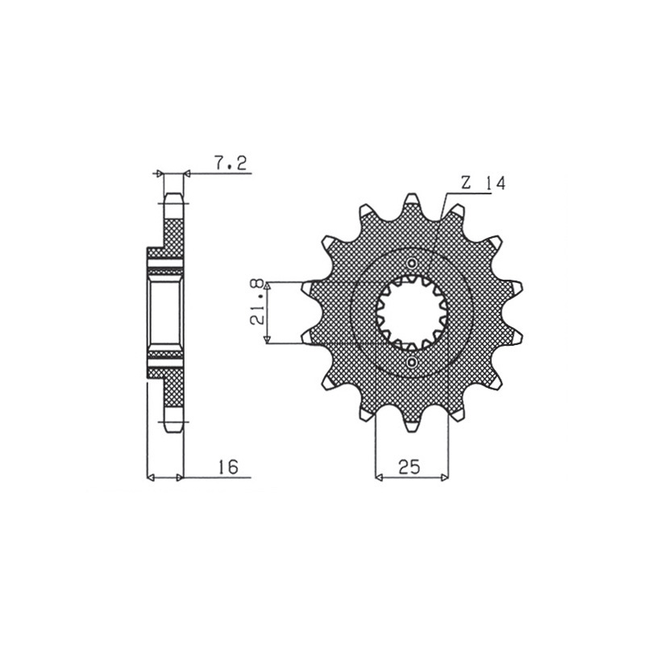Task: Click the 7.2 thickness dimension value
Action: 231,164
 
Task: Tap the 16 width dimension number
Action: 228,467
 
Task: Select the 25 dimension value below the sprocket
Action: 410,467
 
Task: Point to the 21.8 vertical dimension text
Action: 257,302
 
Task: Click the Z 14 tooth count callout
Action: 483,183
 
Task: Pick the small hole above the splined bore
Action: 412,264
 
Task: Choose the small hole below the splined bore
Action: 412,362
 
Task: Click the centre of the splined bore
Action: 412,313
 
